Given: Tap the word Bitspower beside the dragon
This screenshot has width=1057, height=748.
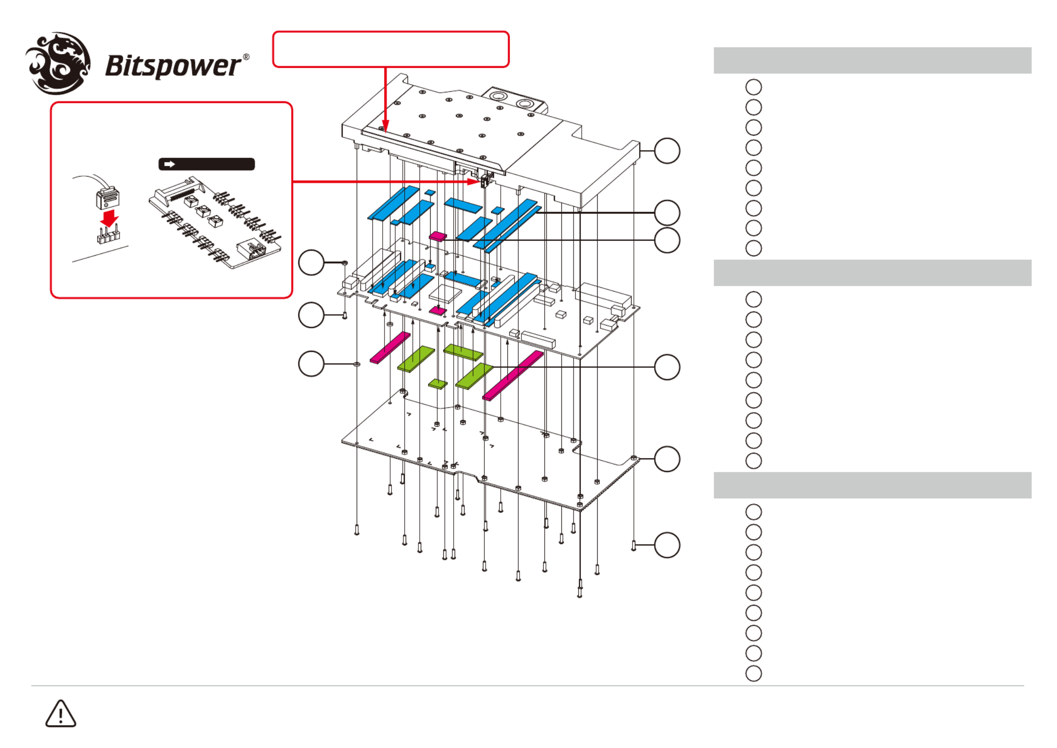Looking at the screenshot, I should coord(173,66).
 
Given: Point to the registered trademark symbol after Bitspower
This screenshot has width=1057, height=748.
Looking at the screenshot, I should coord(246,57).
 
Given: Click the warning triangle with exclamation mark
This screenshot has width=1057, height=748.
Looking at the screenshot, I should coord(61,714).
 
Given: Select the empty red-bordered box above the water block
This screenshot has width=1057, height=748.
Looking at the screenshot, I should coord(391,49).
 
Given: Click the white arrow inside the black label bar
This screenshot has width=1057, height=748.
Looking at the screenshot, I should coord(169,164).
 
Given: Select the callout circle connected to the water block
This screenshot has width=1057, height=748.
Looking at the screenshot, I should coord(667,151).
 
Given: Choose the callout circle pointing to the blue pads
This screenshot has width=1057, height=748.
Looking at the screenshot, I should coord(667,213).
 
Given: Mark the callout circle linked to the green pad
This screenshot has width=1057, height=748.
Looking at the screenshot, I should coord(667,367).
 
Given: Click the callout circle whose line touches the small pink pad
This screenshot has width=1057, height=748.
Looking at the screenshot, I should coord(667,240).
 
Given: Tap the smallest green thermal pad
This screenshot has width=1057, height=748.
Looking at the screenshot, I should coord(438,384).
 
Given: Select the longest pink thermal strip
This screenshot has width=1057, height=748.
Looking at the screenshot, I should coord(513,375).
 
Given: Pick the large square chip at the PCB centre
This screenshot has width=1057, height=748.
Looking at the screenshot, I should coord(445,293).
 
